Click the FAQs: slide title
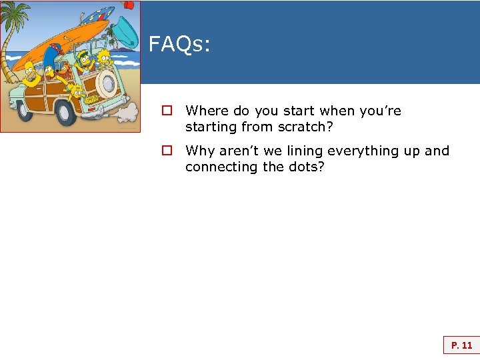(179, 45)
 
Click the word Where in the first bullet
(207, 111)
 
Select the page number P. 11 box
(461, 345)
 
